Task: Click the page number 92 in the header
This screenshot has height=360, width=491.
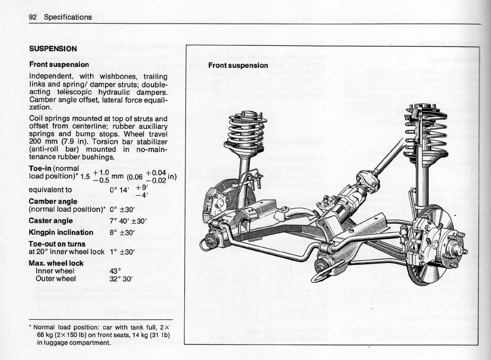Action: click(x=33, y=17)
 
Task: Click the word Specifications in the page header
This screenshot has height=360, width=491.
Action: click(x=68, y=17)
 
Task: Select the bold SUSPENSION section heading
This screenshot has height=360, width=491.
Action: click(x=53, y=49)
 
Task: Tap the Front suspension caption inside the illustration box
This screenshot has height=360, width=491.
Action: click(x=238, y=65)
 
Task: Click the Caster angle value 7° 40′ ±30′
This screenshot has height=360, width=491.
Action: click(x=129, y=221)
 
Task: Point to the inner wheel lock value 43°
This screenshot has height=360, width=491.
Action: click(x=116, y=271)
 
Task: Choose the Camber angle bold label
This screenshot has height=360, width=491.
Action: click(x=53, y=201)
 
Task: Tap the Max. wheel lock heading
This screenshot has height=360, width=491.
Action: click(x=56, y=263)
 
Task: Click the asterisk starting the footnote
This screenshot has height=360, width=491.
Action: click(x=31, y=327)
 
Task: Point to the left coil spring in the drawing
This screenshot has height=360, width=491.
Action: click(x=245, y=131)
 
